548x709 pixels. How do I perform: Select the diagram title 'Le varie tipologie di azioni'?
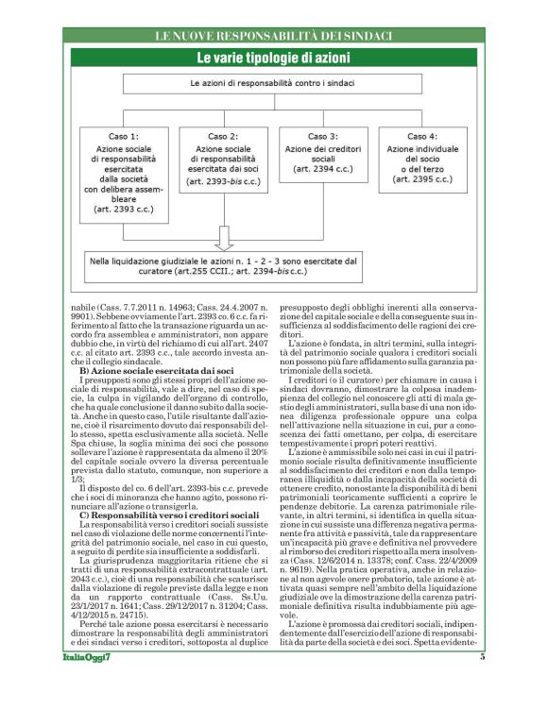[x=273, y=59]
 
